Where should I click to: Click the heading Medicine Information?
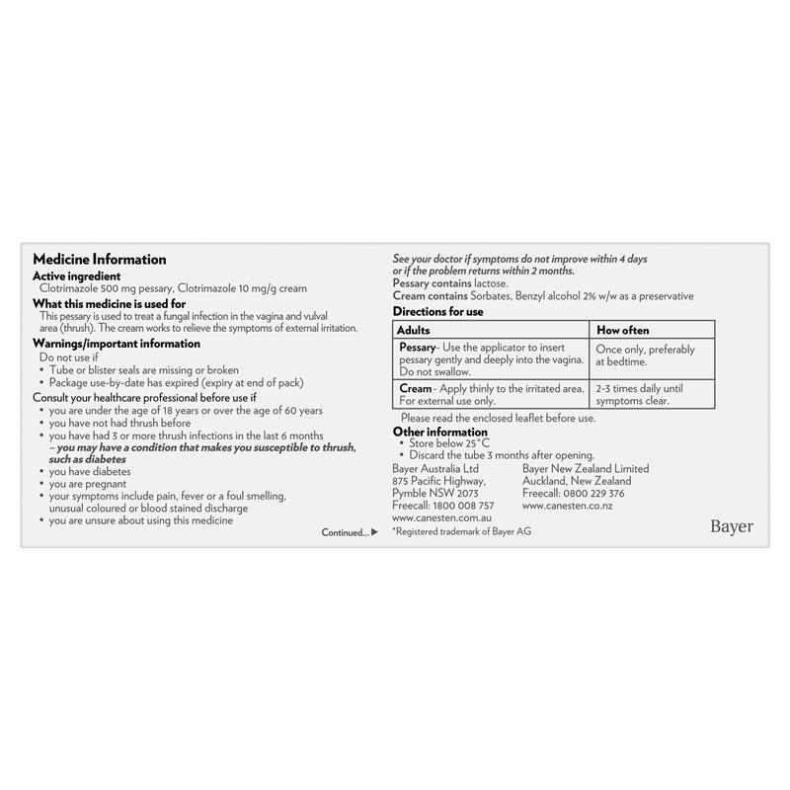(x=99, y=260)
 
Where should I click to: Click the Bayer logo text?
(x=731, y=526)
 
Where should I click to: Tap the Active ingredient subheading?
(x=77, y=276)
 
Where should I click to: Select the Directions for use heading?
(x=437, y=310)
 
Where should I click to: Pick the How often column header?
(x=622, y=330)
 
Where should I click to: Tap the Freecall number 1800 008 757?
(x=463, y=505)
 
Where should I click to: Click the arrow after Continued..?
(x=374, y=532)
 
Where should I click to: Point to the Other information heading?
(x=439, y=432)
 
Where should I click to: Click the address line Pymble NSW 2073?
(x=434, y=493)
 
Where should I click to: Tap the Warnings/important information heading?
(x=117, y=344)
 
